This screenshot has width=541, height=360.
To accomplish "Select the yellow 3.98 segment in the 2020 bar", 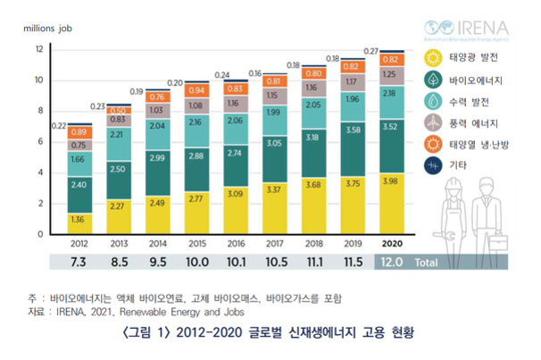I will pyautogui.click(x=389, y=204).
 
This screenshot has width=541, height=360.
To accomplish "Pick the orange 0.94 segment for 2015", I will pyautogui.click(x=196, y=90).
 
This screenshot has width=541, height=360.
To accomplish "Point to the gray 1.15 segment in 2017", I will pyautogui.click(x=273, y=95).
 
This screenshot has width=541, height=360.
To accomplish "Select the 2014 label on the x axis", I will pyautogui.click(x=157, y=243).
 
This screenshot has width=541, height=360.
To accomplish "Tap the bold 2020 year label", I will pyautogui.click(x=389, y=243).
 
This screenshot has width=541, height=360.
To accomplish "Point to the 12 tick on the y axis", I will pyautogui.click(x=39, y=48).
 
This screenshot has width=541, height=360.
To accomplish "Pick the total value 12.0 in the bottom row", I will pyautogui.click(x=389, y=261).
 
